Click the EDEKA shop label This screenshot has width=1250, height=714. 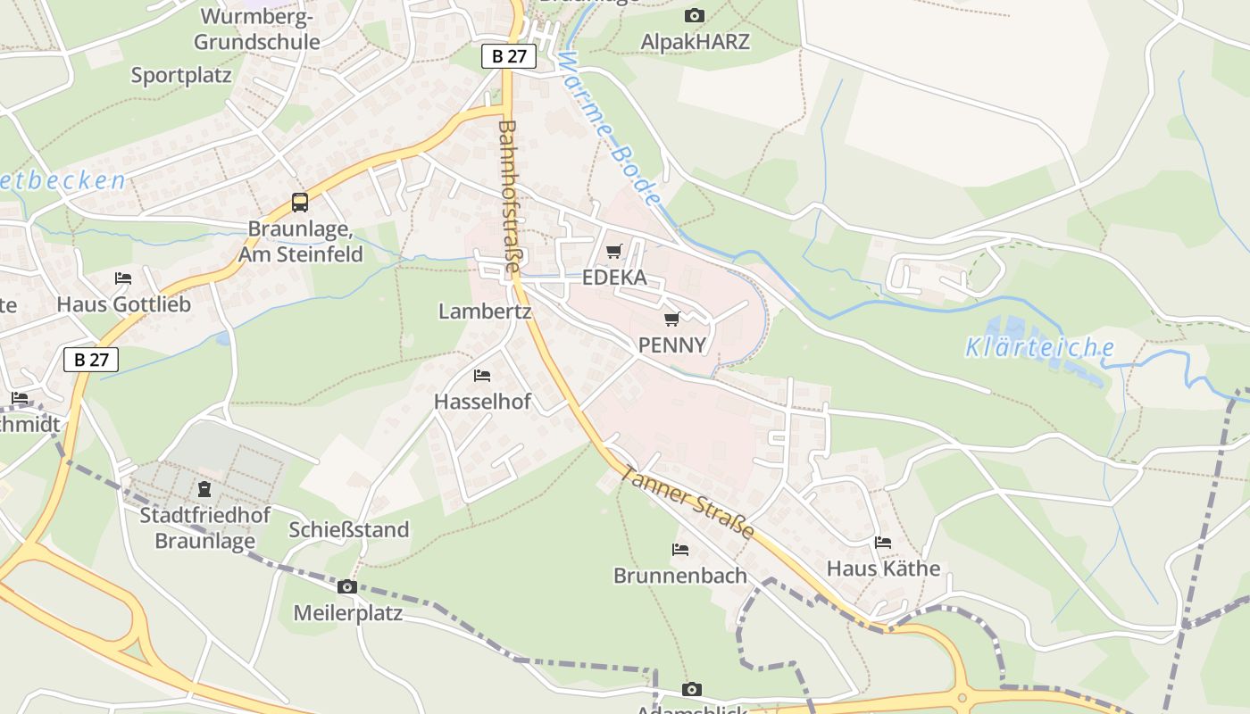click(x=614, y=278)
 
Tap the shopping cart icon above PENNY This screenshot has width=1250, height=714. click(x=672, y=319)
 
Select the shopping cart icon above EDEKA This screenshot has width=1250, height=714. click(x=613, y=252)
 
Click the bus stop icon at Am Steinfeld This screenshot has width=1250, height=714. click(x=300, y=203)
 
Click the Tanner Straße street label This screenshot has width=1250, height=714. click(x=687, y=502)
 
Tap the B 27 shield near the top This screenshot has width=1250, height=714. click(x=509, y=56)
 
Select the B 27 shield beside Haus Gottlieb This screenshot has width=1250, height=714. click(x=91, y=360)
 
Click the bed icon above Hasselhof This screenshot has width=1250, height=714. click(x=482, y=376)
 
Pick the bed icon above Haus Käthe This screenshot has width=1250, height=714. click(x=883, y=542)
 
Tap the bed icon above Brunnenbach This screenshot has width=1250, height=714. click(x=680, y=549)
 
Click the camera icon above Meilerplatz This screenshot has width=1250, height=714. click(x=347, y=586)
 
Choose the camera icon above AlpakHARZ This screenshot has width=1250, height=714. click(x=695, y=15)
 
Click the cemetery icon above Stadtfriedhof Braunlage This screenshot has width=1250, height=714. click(x=204, y=489)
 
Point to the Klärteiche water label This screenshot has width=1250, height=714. click(x=1040, y=347)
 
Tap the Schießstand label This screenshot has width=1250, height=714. click(x=348, y=529)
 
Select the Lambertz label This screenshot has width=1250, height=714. click(x=485, y=311)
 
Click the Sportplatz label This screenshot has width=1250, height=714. click(x=181, y=75)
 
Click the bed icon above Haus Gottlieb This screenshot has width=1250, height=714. click(x=123, y=278)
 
